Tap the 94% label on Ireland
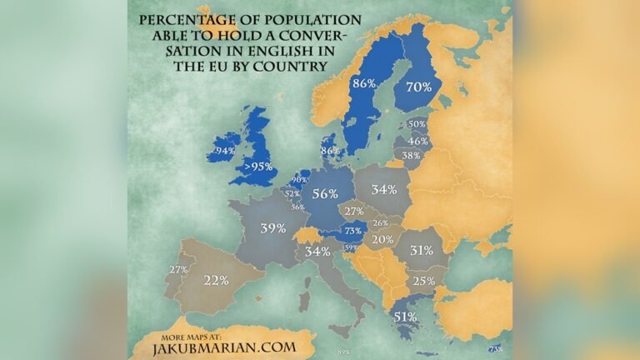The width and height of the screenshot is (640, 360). tap(225, 152)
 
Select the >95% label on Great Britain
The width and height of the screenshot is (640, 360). tap(257, 167)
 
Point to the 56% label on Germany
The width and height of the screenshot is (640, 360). tap(324, 193)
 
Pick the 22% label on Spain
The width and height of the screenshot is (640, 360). tap(215, 280)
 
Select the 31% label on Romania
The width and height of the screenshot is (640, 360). tap(421, 250)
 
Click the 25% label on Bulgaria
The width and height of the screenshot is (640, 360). tap(422, 281)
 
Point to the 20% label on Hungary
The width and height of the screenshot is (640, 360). tap(382, 239)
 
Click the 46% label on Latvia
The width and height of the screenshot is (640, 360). tap(418, 141)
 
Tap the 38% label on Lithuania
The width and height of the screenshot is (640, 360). tap(411, 155)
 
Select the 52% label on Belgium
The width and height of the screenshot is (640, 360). tap(292, 193)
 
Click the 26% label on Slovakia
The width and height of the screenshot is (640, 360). tap(381, 222)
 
